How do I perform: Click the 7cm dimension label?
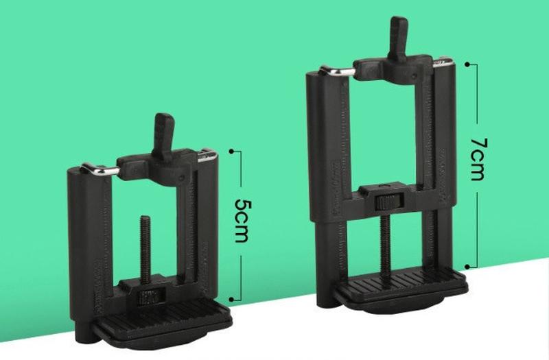pos(478,159)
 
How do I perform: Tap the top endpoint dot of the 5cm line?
pos(231,151)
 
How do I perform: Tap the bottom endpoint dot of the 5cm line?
pos(231,300)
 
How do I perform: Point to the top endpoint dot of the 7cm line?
pos(467,64)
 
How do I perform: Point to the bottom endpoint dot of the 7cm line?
pos(467,267)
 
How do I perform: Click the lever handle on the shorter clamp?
pos(163,137)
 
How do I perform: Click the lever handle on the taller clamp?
pos(398,38)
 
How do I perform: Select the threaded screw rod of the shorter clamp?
pos(145,249)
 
